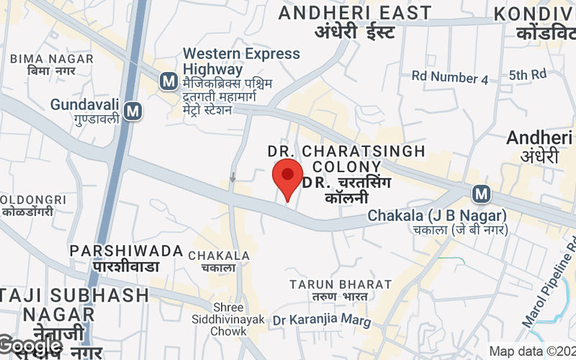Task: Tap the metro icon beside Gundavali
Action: [x=132, y=111]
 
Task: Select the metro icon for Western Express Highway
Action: [x=168, y=81]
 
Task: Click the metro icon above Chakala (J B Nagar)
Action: [x=481, y=193]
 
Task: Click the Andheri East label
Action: [x=355, y=22]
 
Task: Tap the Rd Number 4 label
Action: [x=450, y=77]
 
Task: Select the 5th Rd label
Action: [x=528, y=75]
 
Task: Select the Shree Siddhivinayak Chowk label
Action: [x=229, y=319]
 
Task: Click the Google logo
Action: [x=31, y=346]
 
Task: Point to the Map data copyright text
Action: [x=532, y=351]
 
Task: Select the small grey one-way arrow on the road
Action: [x=233, y=177]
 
